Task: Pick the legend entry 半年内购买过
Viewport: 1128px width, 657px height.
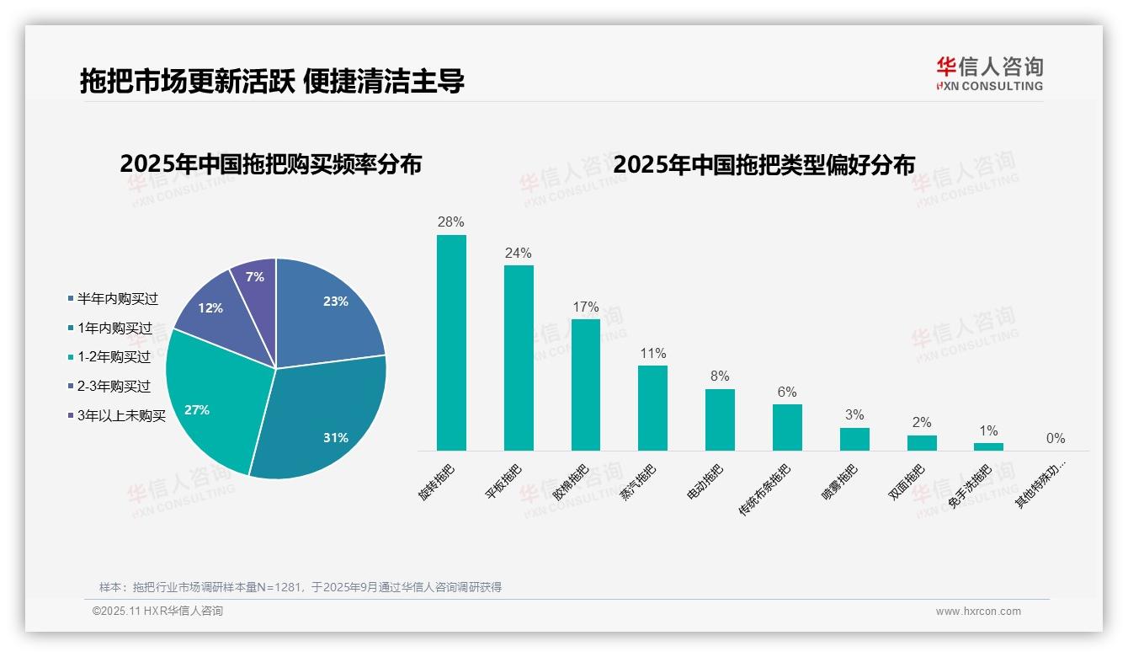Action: [117, 299]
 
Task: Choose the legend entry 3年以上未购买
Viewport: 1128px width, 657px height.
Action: [121, 416]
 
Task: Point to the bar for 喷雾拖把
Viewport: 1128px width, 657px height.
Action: [854, 439]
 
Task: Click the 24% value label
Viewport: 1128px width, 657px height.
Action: [519, 254]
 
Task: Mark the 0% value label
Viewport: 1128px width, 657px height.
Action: [1056, 439]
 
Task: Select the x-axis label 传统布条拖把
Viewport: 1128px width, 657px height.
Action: [764, 489]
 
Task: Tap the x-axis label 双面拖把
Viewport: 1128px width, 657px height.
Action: [907, 482]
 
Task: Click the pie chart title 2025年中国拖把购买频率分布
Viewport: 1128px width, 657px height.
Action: [270, 164]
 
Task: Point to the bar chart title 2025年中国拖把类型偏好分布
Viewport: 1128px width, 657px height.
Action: [764, 164]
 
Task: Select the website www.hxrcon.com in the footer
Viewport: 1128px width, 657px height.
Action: [978, 612]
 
